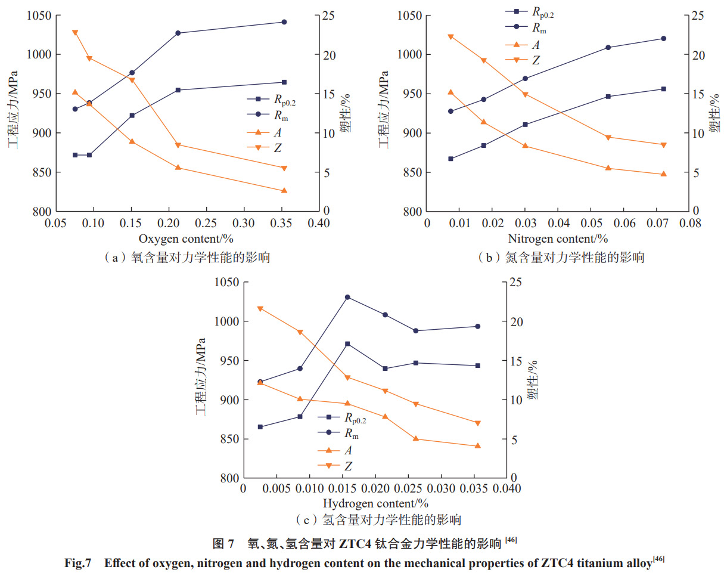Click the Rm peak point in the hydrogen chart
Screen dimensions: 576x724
pos(347,297)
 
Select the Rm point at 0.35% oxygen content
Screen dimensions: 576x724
pos(284,22)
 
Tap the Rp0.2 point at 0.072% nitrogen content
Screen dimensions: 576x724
pos(663,89)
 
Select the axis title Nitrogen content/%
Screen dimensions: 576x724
pos(558,239)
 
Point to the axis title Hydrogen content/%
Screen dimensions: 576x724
pos(375,504)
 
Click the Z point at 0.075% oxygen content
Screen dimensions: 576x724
pos(75,32)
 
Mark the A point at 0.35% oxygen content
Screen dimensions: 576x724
pos(284,190)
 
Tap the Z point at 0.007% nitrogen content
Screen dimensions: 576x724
pos(450,36)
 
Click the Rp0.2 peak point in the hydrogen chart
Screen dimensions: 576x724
pos(347,344)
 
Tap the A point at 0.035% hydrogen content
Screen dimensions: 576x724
pos(477,445)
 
